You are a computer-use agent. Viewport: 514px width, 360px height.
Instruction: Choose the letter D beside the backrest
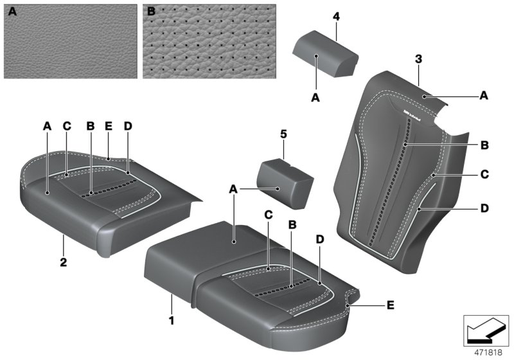[484, 208]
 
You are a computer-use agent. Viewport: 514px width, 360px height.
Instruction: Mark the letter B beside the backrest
[484, 146]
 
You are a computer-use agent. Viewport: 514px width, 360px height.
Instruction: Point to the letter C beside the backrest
[484, 174]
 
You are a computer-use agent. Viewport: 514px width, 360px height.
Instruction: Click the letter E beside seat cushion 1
[391, 307]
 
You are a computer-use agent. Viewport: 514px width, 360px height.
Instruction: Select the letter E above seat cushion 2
[109, 127]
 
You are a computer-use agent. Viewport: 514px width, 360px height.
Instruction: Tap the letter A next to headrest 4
[315, 98]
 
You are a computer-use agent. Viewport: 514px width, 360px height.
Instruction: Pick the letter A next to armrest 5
[235, 188]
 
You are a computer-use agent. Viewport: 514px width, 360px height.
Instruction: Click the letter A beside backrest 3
[484, 94]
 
